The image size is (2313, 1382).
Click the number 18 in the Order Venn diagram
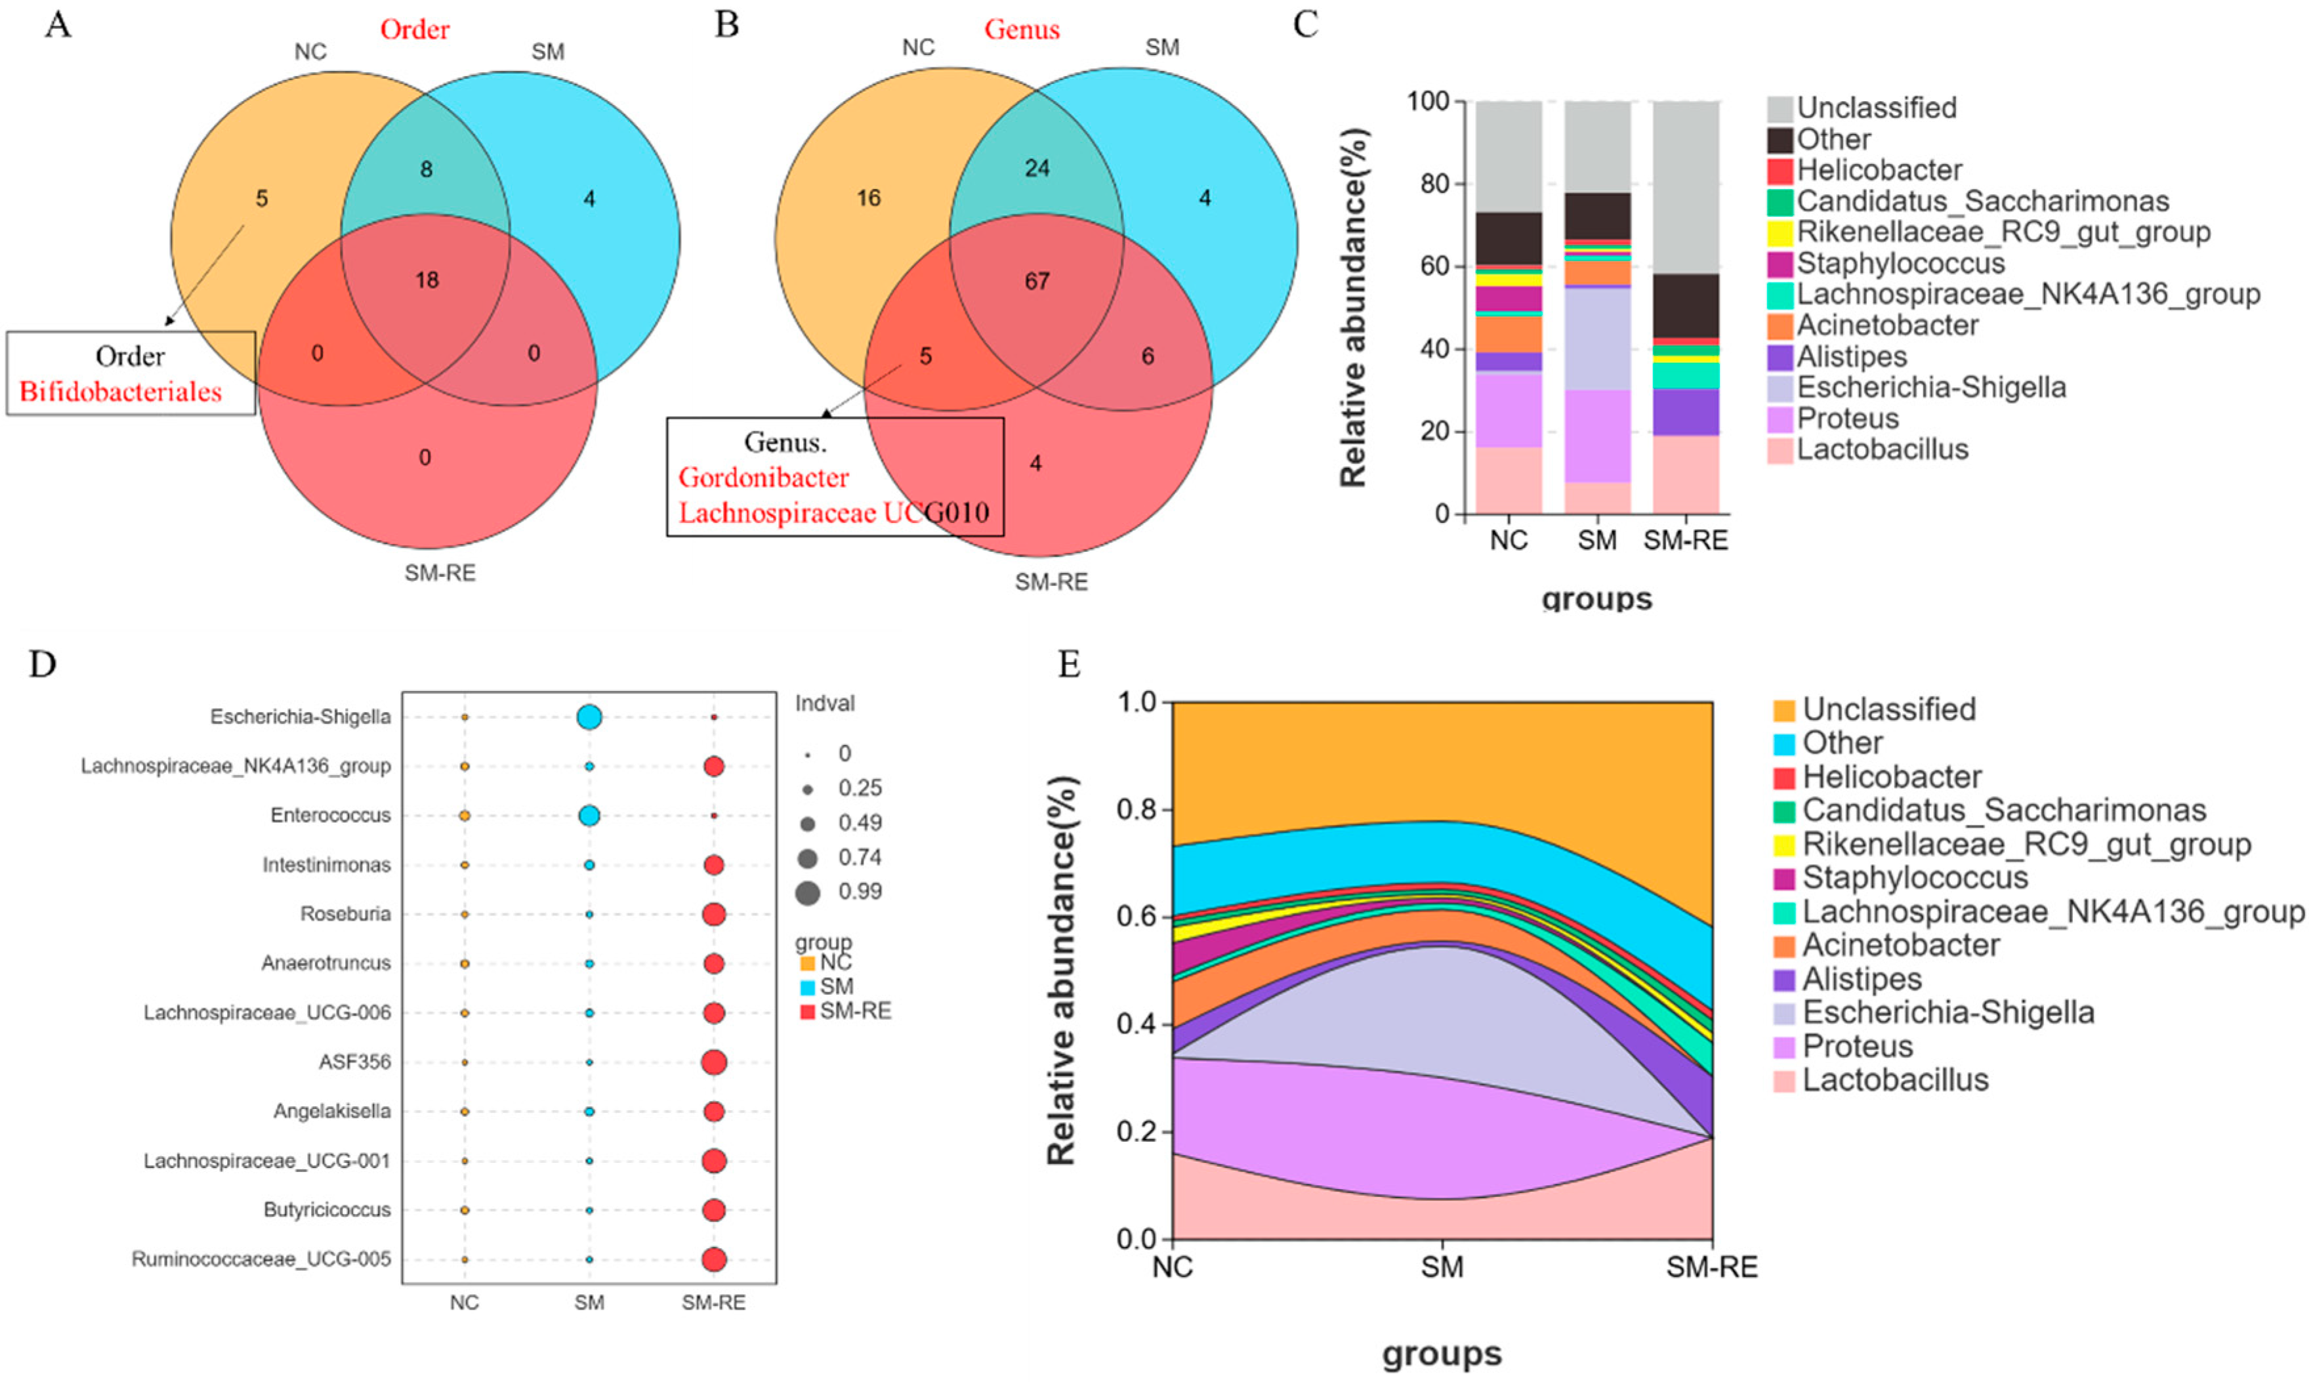(x=427, y=280)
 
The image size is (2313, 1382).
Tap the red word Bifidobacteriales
(x=120, y=391)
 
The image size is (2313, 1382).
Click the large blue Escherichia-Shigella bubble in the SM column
(x=589, y=717)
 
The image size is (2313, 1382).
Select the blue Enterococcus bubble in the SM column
(x=589, y=816)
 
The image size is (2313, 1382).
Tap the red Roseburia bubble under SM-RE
(x=714, y=915)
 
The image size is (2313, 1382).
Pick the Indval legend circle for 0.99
(x=807, y=893)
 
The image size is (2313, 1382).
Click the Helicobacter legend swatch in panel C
(x=1780, y=171)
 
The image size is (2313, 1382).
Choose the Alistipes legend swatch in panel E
(x=1784, y=980)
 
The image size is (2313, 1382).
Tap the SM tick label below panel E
(x=1442, y=1267)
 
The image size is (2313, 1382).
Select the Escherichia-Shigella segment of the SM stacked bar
(x=1597, y=339)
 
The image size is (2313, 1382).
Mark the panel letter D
(x=43, y=664)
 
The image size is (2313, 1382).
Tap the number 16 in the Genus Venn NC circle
(x=868, y=198)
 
